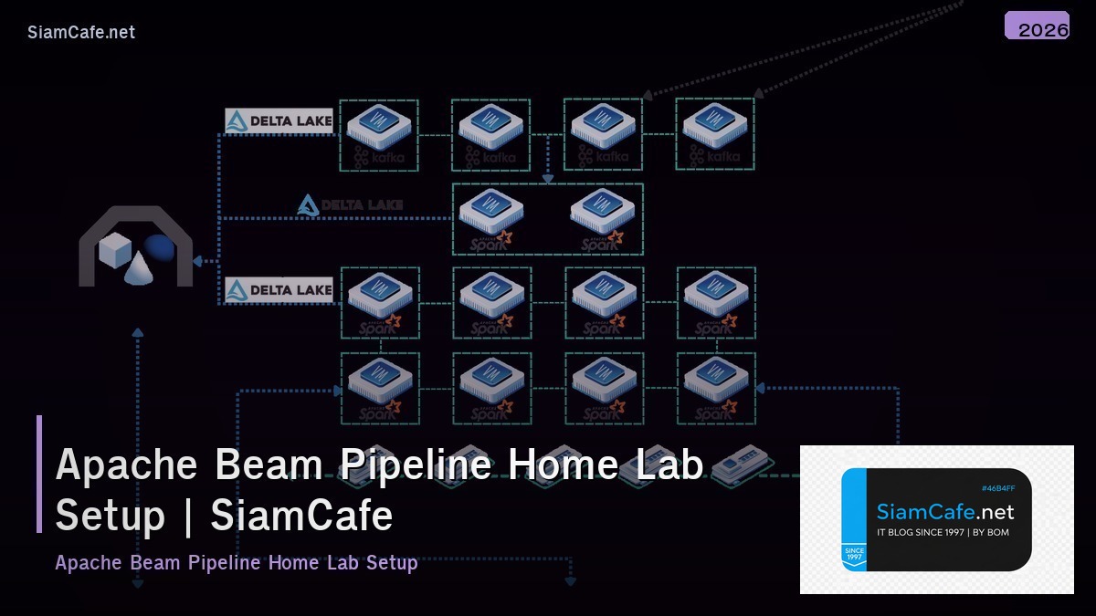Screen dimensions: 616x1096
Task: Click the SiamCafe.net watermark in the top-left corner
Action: pyautogui.click(x=81, y=32)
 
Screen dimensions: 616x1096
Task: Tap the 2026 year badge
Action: pyautogui.click(x=1038, y=27)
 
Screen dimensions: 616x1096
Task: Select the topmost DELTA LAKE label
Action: pyautogui.click(x=279, y=120)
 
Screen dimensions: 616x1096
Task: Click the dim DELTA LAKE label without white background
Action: pyautogui.click(x=350, y=205)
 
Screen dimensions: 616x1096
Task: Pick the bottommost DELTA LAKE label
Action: pyautogui.click(x=279, y=290)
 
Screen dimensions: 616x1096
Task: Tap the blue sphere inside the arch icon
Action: pyautogui.click(x=160, y=247)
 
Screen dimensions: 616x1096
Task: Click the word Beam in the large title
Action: pyautogui.click(x=269, y=465)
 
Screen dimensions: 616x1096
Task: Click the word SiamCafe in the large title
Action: pyautogui.click(x=301, y=516)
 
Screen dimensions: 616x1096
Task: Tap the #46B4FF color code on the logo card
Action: pyautogui.click(x=997, y=488)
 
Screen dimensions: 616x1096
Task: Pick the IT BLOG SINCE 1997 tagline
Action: pyautogui.click(x=943, y=532)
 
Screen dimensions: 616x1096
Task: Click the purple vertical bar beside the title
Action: pyautogui.click(x=39, y=474)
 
